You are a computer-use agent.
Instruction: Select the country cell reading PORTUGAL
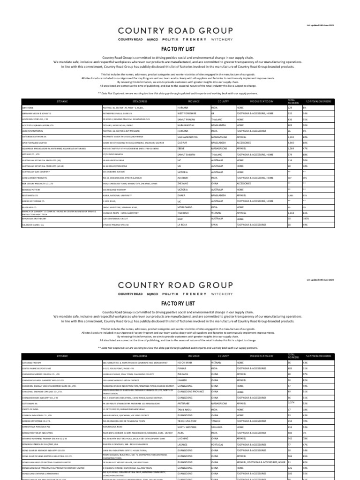218,444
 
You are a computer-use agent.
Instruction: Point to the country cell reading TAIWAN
216,420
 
